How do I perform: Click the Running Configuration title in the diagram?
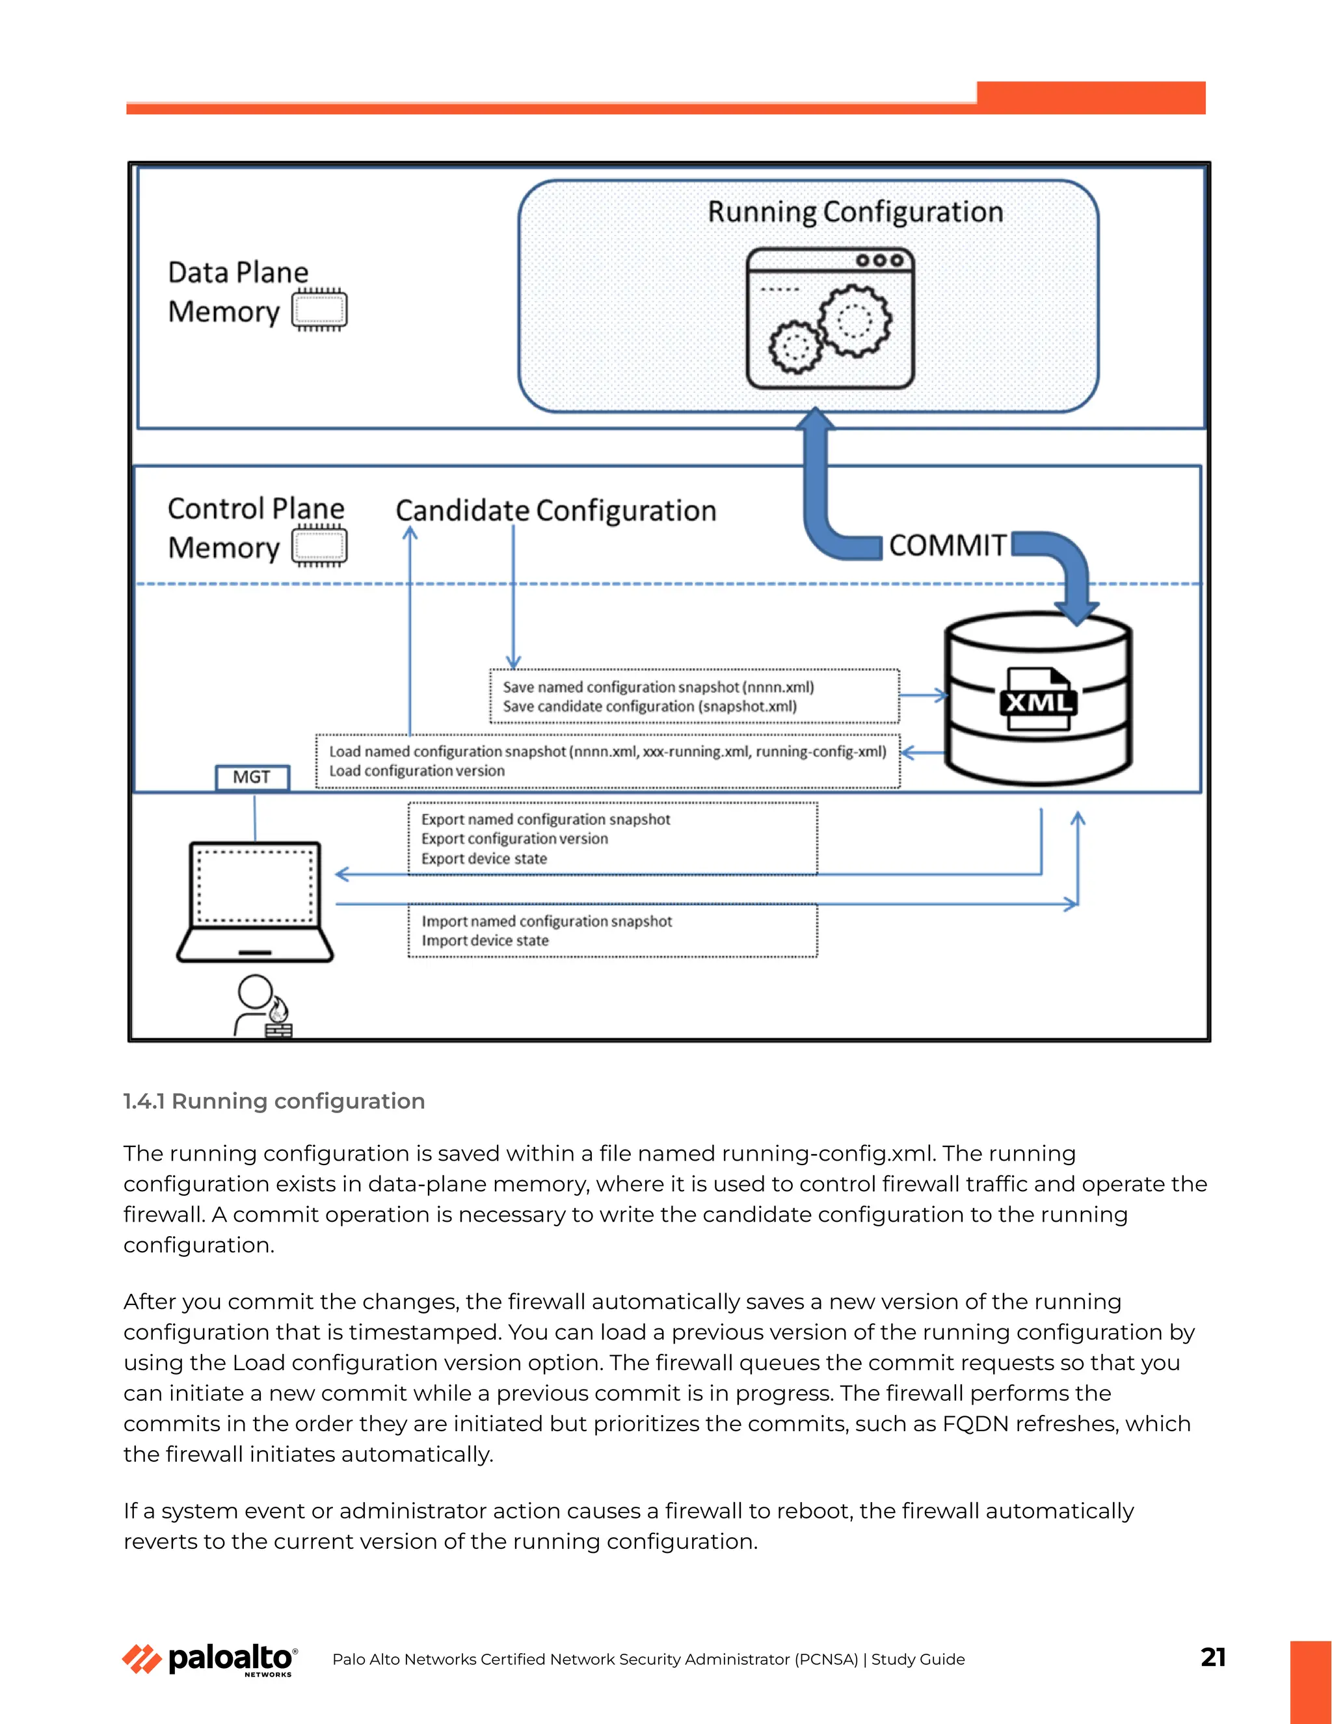click(x=855, y=211)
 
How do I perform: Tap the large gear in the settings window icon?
click(x=855, y=321)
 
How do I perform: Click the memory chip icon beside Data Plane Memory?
click(x=319, y=310)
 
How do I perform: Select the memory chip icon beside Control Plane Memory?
click(x=319, y=546)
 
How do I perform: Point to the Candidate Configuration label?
click(x=555, y=511)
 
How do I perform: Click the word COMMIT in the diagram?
click(x=947, y=545)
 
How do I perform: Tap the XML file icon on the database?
click(x=1037, y=699)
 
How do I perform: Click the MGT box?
click(x=252, y=777)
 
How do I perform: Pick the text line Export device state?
click(x=484, y=859)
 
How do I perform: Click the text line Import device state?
click(x=485, y=941)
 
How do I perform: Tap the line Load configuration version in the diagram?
click(x=417, y=771)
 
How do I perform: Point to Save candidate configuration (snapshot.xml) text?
click(x=650, y=707)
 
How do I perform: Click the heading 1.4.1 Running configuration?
click(x=274, y=1101)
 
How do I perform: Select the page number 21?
click(x=1213, y=1657)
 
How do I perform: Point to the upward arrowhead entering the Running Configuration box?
click(x=815, y=418)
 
